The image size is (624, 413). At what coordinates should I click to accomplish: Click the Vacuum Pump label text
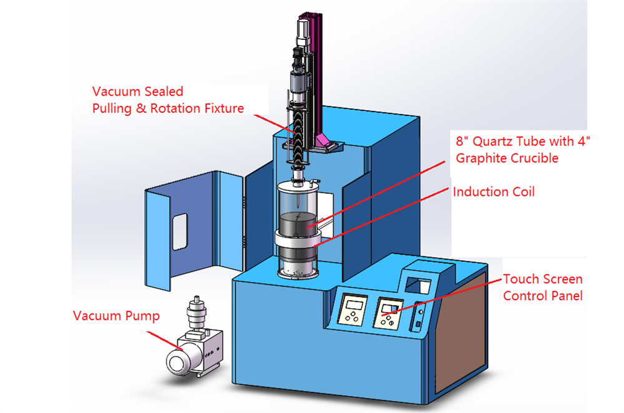116,316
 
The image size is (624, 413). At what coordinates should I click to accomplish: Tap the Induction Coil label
494,192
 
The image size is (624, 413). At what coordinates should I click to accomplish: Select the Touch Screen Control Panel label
542,287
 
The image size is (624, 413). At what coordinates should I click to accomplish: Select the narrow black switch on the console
418,324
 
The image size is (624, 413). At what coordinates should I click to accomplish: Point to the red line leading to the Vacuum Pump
165,341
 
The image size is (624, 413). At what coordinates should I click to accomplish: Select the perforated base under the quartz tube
298,272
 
